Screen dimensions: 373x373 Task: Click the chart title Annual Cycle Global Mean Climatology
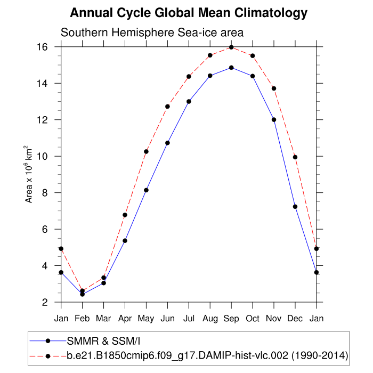189,13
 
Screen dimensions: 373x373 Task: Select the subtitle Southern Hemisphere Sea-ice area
152,33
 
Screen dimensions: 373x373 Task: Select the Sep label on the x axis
231,319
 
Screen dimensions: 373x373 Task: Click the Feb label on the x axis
82,319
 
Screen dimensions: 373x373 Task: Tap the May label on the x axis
146,319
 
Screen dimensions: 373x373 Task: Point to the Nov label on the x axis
274,319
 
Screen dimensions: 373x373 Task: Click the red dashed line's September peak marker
231,47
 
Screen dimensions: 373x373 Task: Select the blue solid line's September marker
231,68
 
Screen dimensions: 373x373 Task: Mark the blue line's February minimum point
82,294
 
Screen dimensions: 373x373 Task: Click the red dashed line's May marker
146,151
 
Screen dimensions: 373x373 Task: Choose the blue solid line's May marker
146,190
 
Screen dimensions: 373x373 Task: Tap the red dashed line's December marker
295,157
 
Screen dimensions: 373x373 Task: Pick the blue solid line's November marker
274,119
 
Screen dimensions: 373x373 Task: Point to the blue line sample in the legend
47,340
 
